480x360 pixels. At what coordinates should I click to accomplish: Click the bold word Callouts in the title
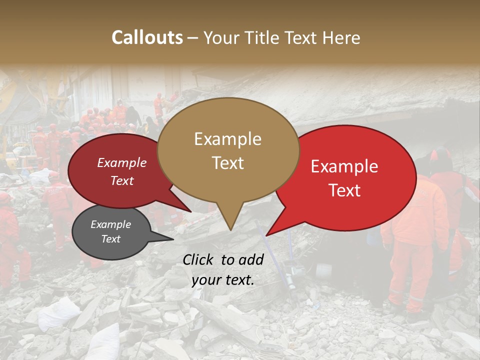click(147, 37)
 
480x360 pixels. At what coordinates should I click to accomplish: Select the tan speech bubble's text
click(227, 150)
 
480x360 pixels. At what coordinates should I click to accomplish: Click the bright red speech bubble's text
click(344, 178)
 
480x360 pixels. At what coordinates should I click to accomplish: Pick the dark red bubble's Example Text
click(122, 171)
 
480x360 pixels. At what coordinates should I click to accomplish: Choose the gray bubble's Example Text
click(110, 231)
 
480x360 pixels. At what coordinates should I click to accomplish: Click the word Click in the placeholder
click(199, 259)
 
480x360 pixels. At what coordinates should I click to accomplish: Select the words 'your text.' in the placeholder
click(223, 280)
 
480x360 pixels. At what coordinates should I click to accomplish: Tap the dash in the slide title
click(193, 37)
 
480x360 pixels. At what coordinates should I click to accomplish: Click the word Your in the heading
click(222, 37)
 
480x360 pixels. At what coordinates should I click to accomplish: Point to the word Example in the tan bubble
click(227, 139)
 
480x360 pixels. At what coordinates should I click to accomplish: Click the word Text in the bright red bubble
click(345, 190)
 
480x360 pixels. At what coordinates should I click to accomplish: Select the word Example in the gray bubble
click(110, 224)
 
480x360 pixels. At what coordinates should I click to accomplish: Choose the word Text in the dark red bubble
click(122, 180)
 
